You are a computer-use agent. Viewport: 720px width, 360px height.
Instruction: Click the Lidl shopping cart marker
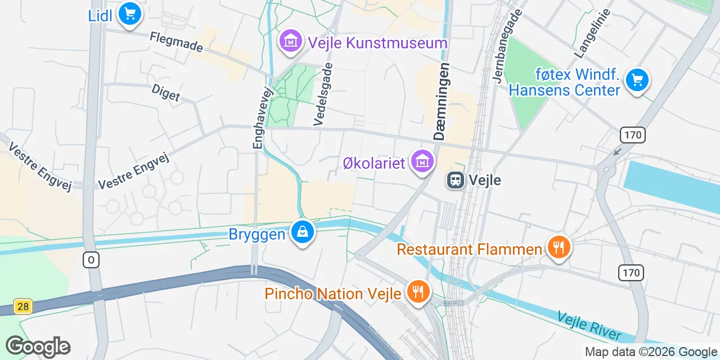click(x=130, y=13)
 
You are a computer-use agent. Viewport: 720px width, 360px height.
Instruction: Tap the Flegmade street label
click(x=176, y=42)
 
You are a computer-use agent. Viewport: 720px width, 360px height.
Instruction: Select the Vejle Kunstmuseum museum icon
click(x=291, y=41)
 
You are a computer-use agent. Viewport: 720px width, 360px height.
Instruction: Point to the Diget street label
click(x=166, y=93)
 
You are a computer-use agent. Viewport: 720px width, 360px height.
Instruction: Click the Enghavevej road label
click(x=258, y=118)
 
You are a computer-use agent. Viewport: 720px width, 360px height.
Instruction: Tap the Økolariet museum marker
click(x=422, y=161)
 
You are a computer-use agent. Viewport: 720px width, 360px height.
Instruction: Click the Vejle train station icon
click(x=455, y=180)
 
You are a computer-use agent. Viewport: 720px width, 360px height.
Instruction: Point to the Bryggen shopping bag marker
click(x=302, y=232)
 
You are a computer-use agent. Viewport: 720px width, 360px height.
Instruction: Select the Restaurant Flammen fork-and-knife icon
click(x=559, y=247)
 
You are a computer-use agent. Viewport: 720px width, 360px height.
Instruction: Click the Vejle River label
click(x=589, y=326)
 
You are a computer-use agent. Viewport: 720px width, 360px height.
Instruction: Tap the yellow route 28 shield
click(x=23, y=307)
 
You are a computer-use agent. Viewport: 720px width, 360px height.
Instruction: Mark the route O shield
click(x=91, y=260)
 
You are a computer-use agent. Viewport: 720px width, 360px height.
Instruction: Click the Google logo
click(x=38, y=346)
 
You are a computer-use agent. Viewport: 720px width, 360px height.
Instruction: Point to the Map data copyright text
click(x=651, y=352)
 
